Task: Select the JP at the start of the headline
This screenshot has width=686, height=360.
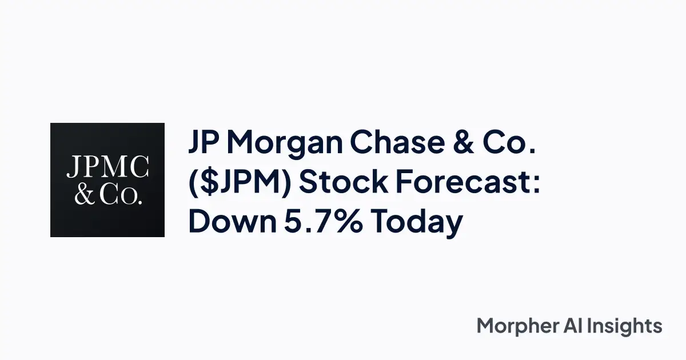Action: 205,145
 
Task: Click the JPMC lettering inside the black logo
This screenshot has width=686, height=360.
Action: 107,167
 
